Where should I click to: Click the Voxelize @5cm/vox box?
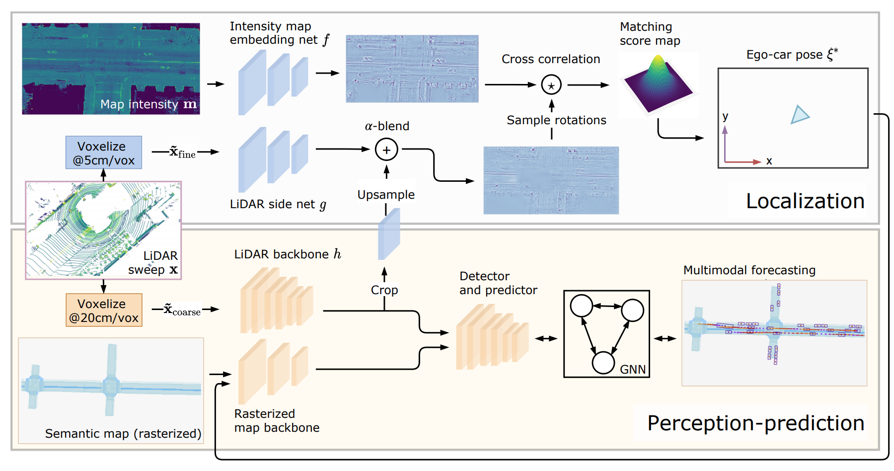pyautogui.click(x=103, y=153)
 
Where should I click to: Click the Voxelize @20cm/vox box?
pyautogui.click(x=104, y=310)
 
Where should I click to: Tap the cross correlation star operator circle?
pyautogui.click(x=551, y=85)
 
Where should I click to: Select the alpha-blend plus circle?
pyautogui.click(x=386, y=150)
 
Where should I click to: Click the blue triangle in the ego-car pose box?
pyautogui.click(x=799, y=115)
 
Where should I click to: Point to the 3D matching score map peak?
pyautogui.click(x=658, y=62)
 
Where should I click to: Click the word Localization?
pyautogui.click(x=805, y=201)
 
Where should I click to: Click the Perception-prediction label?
pyautogui.click(x=755, y=423)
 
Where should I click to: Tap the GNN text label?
pyautogui.click(x=632, y=369)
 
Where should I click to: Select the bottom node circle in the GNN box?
pyautogui.click(x=603, y=363)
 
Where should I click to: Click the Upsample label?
pyautogui.click(x=386, y=195)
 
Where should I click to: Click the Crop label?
pyautogui.click(x=384, y=290)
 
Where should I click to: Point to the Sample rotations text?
pyautogui.click(x=556, y=120)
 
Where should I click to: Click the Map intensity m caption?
pyautogui.click(x=148, y=104)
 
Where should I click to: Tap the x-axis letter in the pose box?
pyautogui.click(x=769, y=161)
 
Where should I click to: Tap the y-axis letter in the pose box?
pyautogui.click(x=725, y=116)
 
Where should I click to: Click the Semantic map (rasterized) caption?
pyautogui.click(x=123, y=434)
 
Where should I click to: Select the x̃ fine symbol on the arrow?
pyautogui.click(x=182, y=152)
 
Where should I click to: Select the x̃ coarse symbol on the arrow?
pyautogui.click(x=182, y=310)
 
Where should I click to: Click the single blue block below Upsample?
pyautogui.click(x=389, y=234)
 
